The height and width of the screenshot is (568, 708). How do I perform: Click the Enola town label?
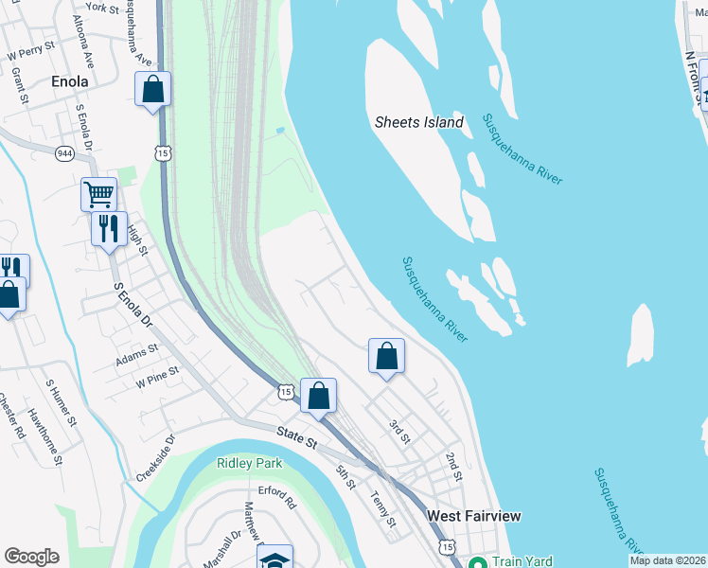click(69, 81)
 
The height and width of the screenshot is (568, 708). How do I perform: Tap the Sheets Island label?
click(419, 122)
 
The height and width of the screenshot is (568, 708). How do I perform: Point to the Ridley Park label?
click(249, 462)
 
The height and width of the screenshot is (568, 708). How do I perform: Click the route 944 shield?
click(64, 153)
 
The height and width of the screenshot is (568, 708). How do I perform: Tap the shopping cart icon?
click(98, 194)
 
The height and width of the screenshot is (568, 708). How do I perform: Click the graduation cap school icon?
click(274, 559)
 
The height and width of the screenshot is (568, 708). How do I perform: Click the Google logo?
click(31, 557)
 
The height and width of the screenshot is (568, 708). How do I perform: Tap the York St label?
click(101, 8)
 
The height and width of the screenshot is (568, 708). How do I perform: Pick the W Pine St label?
click(157, 378)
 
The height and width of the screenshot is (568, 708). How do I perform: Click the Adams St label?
click(137, 355)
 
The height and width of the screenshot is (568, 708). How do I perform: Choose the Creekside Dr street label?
click(155, 458)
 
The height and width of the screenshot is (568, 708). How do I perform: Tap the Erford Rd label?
click(277, 498)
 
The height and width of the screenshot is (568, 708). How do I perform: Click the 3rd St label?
click(398, 432)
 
